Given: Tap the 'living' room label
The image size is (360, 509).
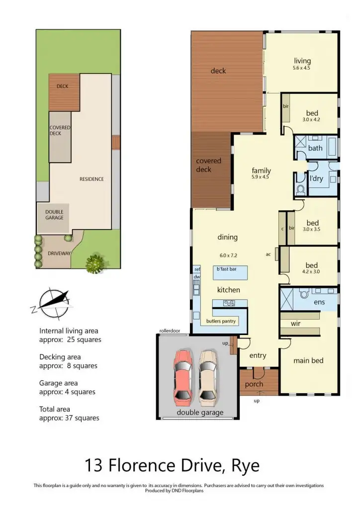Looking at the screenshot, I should tap(302, 61).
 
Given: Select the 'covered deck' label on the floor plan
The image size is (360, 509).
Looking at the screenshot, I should tap(208, 165).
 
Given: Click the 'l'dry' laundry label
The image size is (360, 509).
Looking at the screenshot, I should tap(317, 178).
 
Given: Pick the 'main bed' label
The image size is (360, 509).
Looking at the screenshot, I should tap(308, 360).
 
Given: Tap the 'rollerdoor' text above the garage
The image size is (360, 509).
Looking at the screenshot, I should tap(170, 331).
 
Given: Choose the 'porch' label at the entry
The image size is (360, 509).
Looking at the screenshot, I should tap(254, 384).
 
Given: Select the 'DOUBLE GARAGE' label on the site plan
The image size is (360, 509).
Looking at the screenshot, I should tap(54, 215).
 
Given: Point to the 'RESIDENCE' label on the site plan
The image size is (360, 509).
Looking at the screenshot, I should tap(92, 179).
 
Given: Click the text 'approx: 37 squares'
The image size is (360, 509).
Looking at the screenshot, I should tap(69, 418).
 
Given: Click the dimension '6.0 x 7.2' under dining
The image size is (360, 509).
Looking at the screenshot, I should tap(229, 255).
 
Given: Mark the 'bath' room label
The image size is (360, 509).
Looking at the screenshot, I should tap(315, 148).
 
